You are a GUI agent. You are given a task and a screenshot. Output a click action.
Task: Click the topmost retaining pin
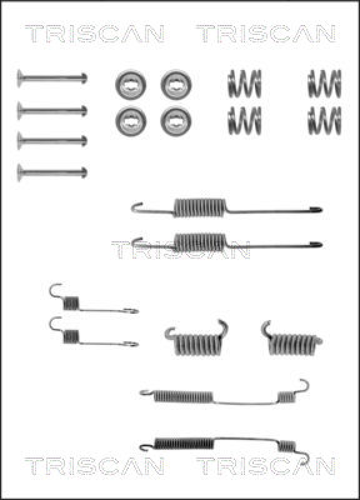point(52,77)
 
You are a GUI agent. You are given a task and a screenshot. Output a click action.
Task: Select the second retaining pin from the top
point(52,111)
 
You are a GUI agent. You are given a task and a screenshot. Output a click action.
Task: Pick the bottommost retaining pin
point(52,172)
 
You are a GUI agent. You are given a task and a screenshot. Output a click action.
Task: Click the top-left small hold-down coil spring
point(244,84)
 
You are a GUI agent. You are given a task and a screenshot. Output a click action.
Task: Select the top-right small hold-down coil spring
point(324,84)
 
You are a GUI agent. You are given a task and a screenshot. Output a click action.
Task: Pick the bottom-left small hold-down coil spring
point(244,121)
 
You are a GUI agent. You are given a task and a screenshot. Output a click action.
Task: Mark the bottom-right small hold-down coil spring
point(324,121)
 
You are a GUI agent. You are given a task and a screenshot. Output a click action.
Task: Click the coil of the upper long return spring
point(200,207)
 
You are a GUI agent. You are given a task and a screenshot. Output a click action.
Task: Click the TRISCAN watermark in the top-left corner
point(95,34)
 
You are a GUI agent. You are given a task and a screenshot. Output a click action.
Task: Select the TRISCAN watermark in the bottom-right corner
point(266,466)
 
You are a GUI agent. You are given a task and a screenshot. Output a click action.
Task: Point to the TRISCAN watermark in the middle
point(181,249)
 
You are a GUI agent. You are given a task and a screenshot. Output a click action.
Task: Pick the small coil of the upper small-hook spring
point(71,303)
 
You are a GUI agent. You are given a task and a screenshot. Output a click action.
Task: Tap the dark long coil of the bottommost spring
point(184,444)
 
